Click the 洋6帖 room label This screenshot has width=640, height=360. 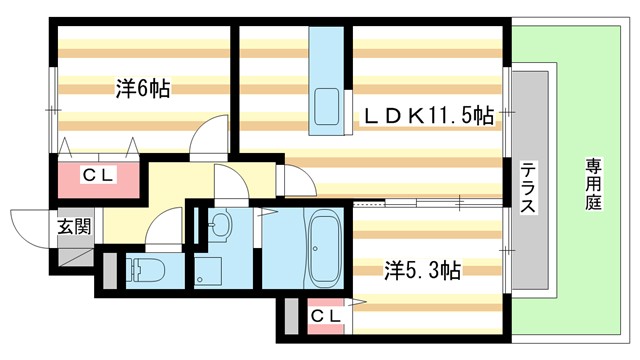(x=142, y=89)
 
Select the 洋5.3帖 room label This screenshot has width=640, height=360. (x=423, y=269)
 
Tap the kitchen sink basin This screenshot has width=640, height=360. (x=326, y=104)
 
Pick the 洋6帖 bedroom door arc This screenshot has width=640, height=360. (x=213, y=136)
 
